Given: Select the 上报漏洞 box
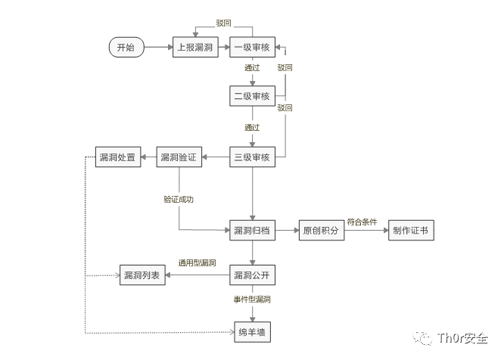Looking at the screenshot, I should [196, 47].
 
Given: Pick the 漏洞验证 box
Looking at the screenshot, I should [179, 157].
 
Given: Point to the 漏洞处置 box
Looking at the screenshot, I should [117, 157].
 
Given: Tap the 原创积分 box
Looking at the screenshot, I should [322, 231].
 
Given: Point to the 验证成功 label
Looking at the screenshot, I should [179, 200].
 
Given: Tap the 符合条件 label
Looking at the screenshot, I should [362, 222].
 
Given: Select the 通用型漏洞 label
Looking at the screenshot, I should [197, 263].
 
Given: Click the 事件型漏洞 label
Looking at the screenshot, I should [252, 300].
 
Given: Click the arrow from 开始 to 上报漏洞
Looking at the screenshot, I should [158, 47].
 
